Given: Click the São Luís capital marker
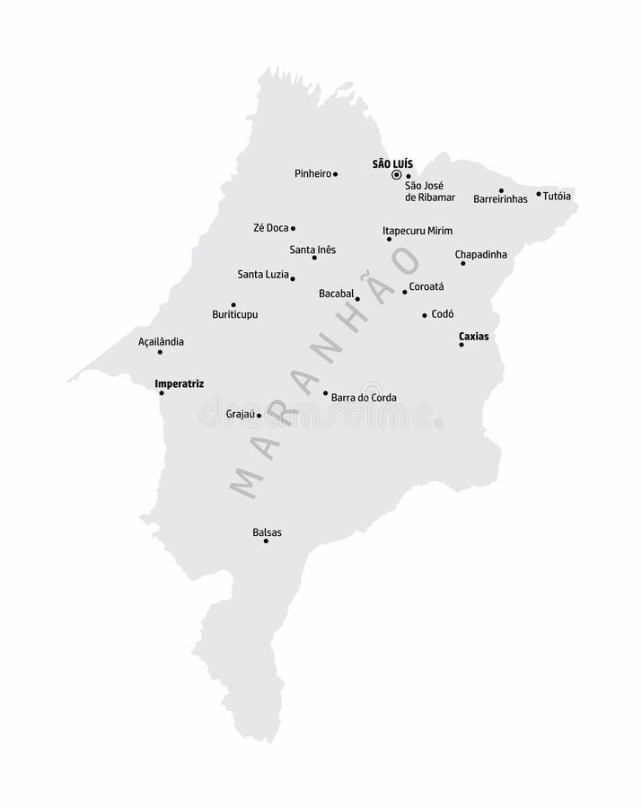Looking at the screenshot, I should tap(396, 175).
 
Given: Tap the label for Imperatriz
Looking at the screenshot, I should tap(180, 383).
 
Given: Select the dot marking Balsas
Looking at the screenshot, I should tap(266, 540).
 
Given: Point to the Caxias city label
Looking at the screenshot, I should tap(473, 337).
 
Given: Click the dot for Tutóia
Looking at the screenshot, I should tap(539, 194).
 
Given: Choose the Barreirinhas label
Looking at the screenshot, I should tap(500, 198).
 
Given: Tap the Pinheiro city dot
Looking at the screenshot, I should tap(335, 174).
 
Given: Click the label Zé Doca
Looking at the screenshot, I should tap(270, 228).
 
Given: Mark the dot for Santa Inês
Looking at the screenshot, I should tap(314, 258).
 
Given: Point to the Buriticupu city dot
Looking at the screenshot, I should tap(233, 304).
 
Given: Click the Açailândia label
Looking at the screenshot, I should tap(161, 341).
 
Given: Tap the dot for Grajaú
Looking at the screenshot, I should tap(259, 416).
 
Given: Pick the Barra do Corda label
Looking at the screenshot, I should tap(364, 398).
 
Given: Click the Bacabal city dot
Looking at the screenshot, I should tap(357, 299).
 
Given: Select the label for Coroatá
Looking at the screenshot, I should tap(427, 287).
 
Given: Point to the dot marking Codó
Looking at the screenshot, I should tap(425, 315).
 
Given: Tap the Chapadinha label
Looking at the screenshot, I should tap(480, 254).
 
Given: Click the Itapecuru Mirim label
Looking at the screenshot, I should tap(418, 231).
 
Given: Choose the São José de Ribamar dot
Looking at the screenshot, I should tap(408, 177).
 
